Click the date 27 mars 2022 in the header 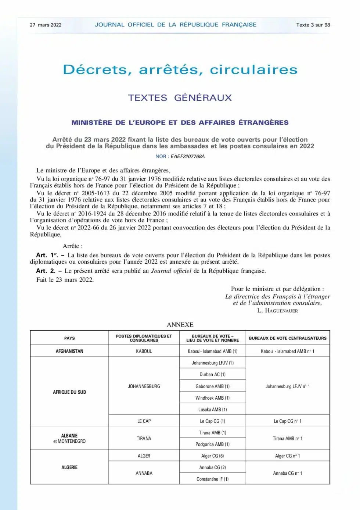coord(46,25)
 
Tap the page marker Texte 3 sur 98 coord(313,25)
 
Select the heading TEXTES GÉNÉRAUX coord(180,98)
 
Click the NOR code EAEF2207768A coord(187,156)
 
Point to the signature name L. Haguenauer coord(277,311)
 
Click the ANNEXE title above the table coord(180,325)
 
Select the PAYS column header coord(69,338)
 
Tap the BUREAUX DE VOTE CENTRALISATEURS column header coord(288,338)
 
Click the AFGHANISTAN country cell coord(69,351)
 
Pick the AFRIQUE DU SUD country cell coord(69,392)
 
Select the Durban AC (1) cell coord(212,374)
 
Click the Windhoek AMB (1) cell coord(212,398)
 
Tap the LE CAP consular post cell coord(144,421)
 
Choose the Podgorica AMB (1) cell coord(212,444)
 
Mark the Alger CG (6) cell coord(212,456)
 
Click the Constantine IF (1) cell coord(212,479)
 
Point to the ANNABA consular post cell coord(144,473)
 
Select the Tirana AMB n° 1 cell coord(288,439)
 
